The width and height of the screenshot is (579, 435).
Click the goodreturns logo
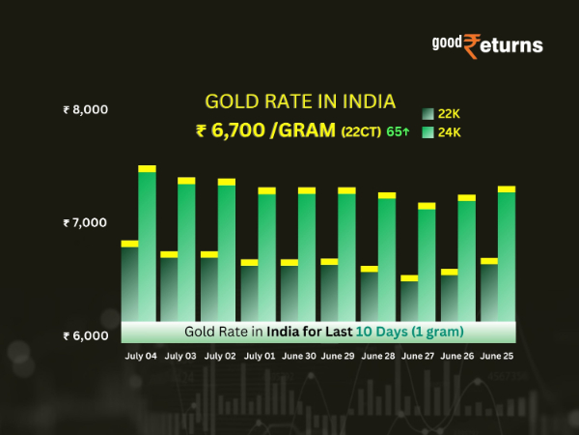pyautogui.click(x=486, y=44)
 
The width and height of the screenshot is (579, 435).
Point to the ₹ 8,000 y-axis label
pyautogui.click(x=85, y=110)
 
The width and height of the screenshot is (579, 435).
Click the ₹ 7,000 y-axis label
pyautogui.click(x=85, y=223)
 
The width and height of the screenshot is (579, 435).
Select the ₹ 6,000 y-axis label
pyautogui.click(x=85, y=336)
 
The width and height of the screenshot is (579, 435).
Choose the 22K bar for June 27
pyautogui.click(x=409, y=300)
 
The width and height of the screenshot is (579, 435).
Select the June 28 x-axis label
pyautogui.click(x=378, y=356)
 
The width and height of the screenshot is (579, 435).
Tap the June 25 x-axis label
pyautogui.click(x=498, y=356)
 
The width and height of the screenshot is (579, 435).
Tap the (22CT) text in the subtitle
pyautogui.click(x=360, y=130)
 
